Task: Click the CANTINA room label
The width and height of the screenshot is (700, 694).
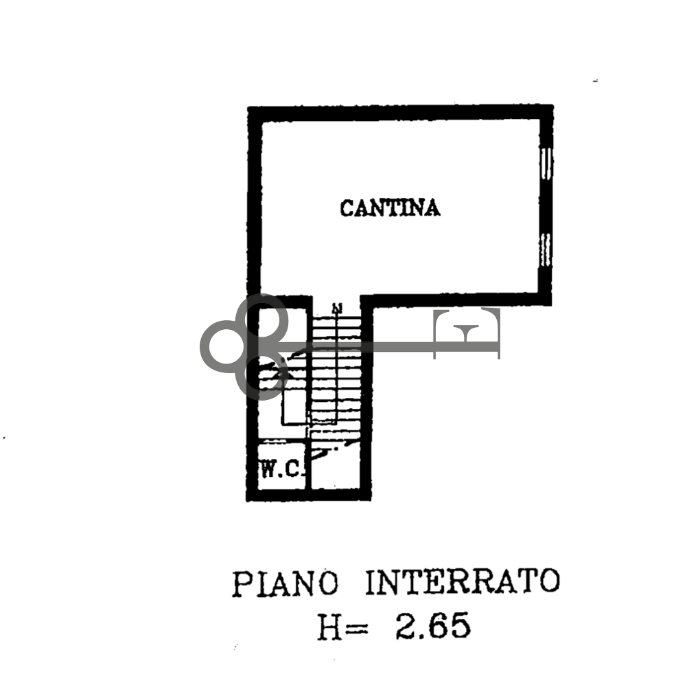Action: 390,208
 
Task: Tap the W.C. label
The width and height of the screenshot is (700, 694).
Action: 281,470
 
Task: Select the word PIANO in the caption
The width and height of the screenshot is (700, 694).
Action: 285,584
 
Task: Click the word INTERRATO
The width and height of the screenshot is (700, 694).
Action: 462,583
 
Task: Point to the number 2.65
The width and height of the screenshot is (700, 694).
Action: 432,627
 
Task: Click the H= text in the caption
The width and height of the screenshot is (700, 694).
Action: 342,627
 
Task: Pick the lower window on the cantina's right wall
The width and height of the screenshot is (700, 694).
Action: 546,249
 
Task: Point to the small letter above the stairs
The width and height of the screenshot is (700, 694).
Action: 336,308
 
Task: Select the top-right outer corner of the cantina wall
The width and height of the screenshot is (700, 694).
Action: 552,106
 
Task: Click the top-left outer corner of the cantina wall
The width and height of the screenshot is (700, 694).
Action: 248,107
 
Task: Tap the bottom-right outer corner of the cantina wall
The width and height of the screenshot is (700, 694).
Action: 552,304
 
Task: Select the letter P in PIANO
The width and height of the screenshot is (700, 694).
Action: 240,585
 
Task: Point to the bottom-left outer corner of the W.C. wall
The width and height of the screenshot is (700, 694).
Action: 248,500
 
